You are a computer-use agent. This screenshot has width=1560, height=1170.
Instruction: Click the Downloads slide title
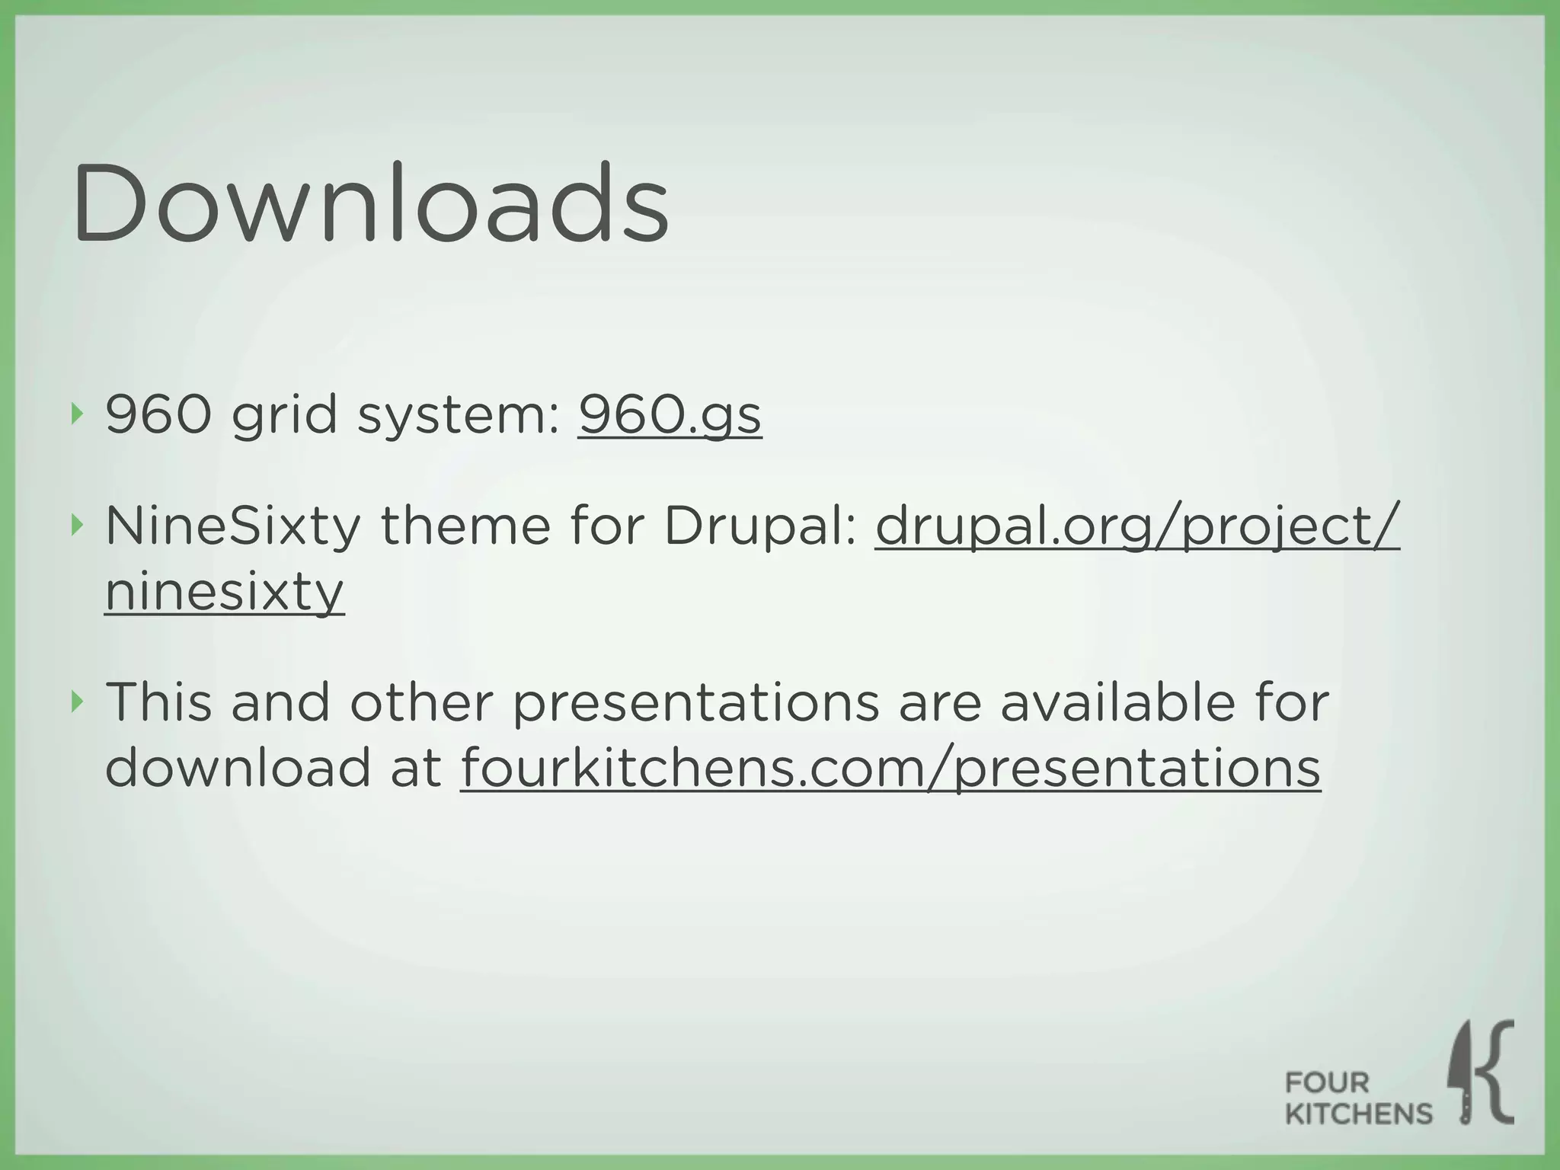coord(371,203)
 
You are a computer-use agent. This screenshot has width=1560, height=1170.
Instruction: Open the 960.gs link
coord(670,415)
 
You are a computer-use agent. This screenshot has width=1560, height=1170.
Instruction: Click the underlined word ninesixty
coord(224,592)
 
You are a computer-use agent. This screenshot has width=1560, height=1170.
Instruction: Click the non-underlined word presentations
coord(695,704)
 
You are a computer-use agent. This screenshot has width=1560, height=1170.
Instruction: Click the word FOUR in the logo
coord(1327,1082)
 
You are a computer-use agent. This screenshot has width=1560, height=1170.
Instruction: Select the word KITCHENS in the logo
coord(1359,1114)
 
